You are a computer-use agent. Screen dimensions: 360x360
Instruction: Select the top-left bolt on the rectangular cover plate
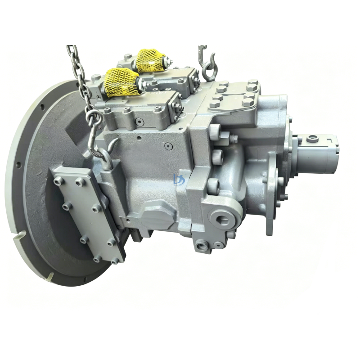coord(58,180)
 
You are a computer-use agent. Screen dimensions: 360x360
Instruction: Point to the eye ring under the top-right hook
coord(208,72)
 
